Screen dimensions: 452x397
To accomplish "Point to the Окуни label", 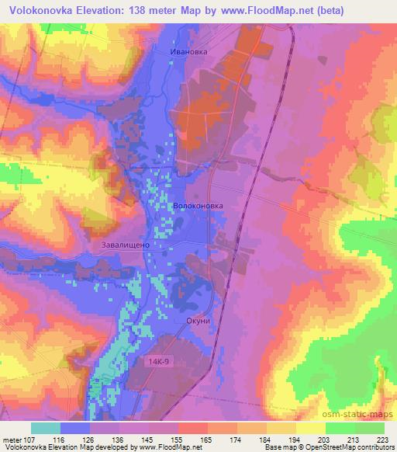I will (198, 319).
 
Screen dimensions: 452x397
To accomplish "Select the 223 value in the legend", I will (382, 439).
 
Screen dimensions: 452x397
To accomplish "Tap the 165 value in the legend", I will (205, 439).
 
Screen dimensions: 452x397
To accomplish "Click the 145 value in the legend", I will (147, 439).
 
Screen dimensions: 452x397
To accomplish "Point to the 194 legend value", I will (294, 439).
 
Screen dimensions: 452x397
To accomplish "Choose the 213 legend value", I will (353, 439).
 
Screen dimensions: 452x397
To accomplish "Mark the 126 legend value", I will (88, 439).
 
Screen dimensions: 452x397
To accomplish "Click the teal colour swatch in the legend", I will (46, 428).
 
